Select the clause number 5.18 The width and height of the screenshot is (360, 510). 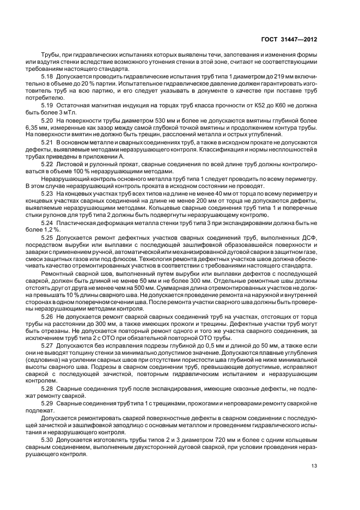click(x=47, y=77)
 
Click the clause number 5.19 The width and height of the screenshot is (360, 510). click(x=47, y=105)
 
